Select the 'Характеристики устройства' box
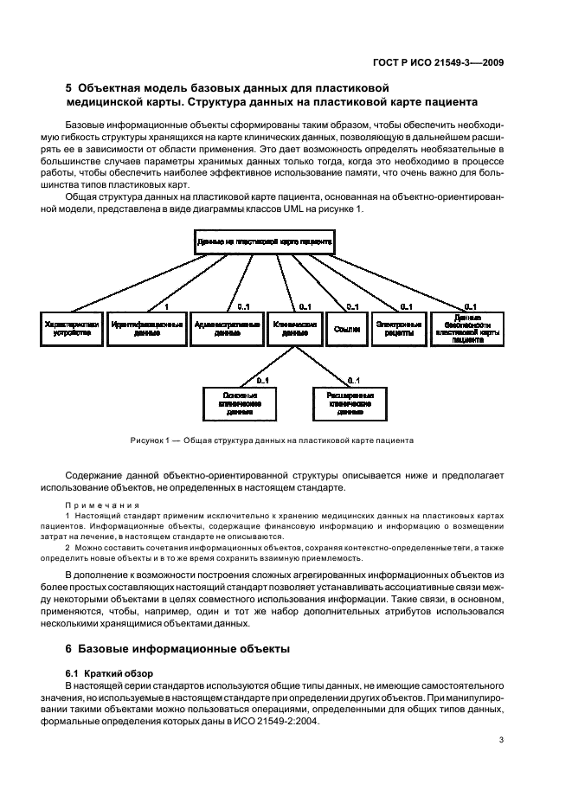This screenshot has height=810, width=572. coord(72,327)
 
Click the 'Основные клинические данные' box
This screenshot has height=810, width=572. coord(234,403)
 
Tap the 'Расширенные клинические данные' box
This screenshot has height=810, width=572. coord(344,403)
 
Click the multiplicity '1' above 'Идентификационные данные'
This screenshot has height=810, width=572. coord(166,306)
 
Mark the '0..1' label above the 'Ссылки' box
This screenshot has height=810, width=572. coord(352,306)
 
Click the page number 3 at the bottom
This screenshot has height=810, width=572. coord(501,739)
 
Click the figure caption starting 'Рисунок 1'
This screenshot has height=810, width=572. coord(272,440)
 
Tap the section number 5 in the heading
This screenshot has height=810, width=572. coord(69,87)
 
